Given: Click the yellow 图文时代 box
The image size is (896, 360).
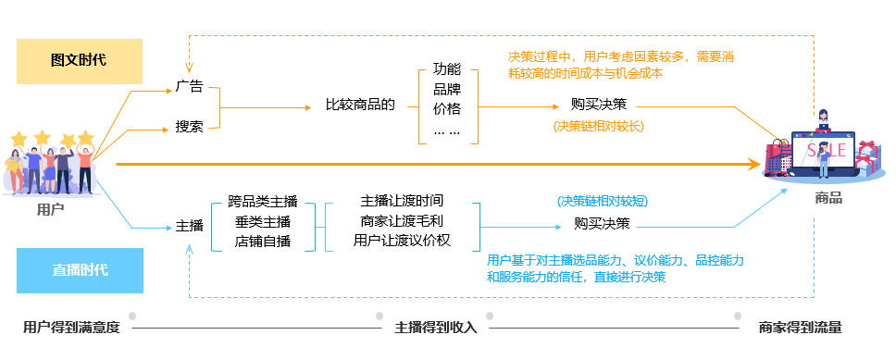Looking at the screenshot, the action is click(80, 61).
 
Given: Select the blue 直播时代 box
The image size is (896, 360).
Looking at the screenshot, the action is click(80, 270).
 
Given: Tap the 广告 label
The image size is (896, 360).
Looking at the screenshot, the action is click(189, 87).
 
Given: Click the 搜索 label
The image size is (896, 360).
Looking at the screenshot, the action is click(189, 127).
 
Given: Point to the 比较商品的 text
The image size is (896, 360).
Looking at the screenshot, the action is click(360, 106).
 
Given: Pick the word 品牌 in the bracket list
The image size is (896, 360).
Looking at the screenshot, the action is click(447, 89).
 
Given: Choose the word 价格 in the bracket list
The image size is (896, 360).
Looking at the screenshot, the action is click(447, 108).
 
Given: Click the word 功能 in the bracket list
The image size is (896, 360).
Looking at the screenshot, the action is click(447, 70).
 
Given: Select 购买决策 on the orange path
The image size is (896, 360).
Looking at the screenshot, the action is click(599, 105).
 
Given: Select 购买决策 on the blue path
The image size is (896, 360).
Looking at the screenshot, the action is click(603, 223).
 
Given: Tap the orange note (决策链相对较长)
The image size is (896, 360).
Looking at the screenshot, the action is click(598, 126).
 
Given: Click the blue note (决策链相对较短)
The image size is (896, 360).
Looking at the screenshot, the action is click(603, 202).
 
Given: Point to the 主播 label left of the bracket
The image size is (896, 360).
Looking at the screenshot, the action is click(189, 226).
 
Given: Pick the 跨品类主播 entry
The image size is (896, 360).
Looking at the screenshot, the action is click(263, 201).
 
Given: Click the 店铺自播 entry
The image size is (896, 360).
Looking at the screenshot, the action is click(263, 242).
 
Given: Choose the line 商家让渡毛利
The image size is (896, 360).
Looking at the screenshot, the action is click(402, 220).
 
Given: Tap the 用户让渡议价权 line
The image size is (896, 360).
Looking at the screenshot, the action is click(402, 240).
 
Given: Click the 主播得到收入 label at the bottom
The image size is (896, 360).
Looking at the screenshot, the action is click(435, 328).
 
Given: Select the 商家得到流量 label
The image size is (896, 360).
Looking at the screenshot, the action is click(800, 328).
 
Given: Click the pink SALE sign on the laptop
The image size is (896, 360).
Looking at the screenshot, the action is click(827, 150).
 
